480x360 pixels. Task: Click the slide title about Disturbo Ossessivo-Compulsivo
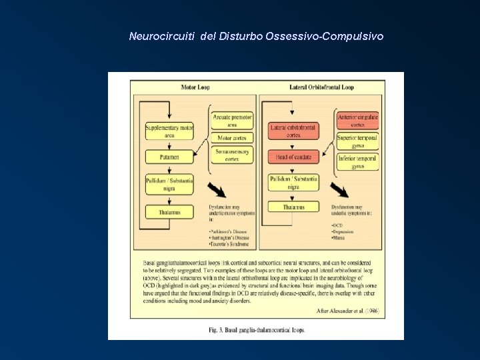coord(256,36)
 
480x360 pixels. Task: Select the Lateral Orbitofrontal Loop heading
coord(321,87)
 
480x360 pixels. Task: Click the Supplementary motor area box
coord(169,131)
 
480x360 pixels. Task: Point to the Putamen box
coord(169,157)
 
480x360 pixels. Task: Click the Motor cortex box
coord(232,138)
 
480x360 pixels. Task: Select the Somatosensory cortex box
coord(232,155)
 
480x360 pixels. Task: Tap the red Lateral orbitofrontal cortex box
coord(293,131)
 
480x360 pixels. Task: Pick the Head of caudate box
coord(293,157)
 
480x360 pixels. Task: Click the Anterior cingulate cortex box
coord(358,121)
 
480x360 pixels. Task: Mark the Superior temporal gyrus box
coord(358,141)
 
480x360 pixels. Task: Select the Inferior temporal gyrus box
coord(358,162)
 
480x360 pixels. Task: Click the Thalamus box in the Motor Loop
coord(169,213)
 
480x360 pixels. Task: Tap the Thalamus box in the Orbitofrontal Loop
coord(293,207)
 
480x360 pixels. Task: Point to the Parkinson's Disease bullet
coord(227,231)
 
